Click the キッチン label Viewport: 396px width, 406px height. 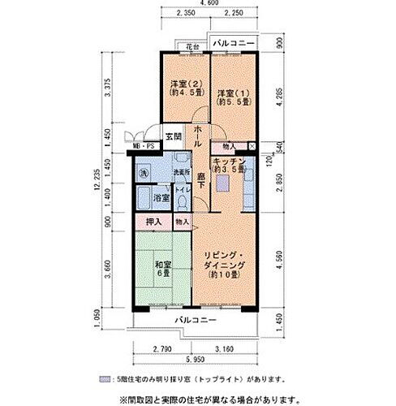tap(229, 166)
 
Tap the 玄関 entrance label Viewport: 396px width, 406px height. tap(173, 136)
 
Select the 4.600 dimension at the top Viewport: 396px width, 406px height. tap(209, 4)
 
